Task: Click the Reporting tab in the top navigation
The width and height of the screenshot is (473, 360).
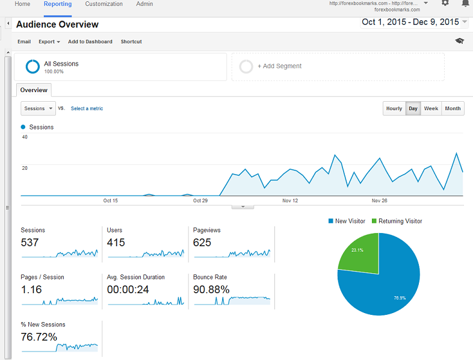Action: click(58, 4)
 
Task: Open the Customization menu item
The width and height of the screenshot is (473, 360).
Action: click(104, 4)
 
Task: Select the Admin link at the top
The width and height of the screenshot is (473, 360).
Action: click(144, 4)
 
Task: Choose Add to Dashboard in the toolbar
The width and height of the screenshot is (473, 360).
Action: click(90, 42)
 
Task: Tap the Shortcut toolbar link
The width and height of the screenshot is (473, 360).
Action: click(131, 42)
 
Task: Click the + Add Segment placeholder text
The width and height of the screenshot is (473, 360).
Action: click(279, 66)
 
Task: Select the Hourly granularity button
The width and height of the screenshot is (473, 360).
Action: click(394, 108)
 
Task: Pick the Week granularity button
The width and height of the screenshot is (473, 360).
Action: click(431, 108)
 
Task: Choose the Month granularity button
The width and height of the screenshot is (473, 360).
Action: click(453, 108)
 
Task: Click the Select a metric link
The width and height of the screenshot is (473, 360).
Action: click(87, 108)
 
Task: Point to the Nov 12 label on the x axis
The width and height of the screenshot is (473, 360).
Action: click(290, 200)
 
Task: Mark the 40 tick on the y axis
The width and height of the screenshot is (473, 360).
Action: click(25, 137)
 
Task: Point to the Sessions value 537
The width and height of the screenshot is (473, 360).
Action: click(29, 243)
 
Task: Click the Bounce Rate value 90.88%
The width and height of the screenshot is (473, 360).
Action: click(211, 290)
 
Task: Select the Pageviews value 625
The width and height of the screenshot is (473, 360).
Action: click(202, 243)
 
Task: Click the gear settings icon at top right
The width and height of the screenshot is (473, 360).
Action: click(445, 3)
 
